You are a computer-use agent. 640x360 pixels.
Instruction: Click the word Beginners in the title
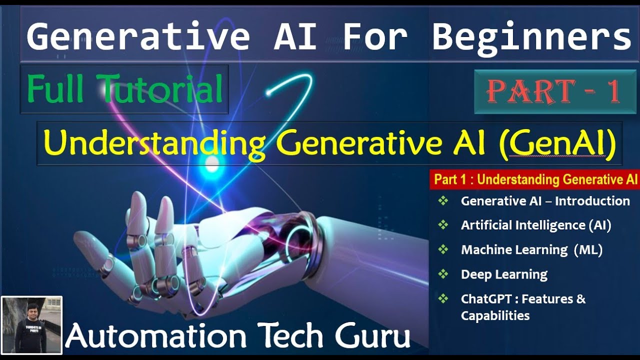click(x=531, y=37)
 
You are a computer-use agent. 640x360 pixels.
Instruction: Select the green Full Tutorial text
click(x=125, y=89)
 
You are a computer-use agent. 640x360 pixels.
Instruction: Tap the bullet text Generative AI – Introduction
click(x=545, y=201)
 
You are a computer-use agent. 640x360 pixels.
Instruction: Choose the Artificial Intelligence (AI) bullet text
click(x=536, y=225)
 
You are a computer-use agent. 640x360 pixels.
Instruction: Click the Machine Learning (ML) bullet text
click(x=531, y=250)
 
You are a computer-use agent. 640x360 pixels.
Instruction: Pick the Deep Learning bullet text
click(x=504, y=274)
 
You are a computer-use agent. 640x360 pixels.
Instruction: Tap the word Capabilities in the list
click(x=495, y=315)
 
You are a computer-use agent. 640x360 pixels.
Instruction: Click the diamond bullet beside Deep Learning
click(x=443, y=273)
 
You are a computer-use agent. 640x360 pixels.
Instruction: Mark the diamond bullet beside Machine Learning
click(x=443, y=249)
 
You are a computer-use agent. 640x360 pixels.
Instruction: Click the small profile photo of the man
click(x=31, y=324)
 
